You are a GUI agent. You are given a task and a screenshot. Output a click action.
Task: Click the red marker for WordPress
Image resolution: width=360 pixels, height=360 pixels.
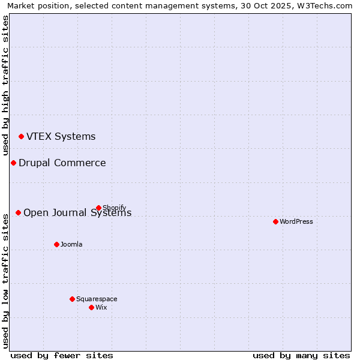tap(275, 221)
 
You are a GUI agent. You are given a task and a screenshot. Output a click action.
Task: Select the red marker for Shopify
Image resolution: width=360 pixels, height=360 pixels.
tap(98, 208)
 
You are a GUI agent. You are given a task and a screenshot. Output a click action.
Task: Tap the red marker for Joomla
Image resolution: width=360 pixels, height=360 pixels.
tap(56, 244)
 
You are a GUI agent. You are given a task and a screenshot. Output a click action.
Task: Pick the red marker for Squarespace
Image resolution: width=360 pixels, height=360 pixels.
tap(72, 299)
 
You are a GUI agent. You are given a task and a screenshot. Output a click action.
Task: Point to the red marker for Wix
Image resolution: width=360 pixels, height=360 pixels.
tap(91, 307)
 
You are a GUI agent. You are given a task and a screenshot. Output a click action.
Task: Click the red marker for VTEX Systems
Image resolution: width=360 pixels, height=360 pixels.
tap(21, 136)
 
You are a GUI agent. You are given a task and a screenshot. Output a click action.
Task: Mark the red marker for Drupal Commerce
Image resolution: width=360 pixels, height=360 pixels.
tap(13, 163)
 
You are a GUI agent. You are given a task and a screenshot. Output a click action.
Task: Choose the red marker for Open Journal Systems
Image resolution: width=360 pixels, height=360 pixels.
tap(18, 212)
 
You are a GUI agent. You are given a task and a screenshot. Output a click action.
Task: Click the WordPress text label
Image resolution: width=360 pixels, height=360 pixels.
tap(296, 221)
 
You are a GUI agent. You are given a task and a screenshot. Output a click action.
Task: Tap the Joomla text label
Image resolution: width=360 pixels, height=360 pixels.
tap(71, 244)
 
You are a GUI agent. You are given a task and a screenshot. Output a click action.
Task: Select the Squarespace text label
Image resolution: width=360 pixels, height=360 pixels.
tap(97, 299)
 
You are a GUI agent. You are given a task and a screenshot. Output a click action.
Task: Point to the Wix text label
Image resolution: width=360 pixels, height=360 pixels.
tap(101, 307)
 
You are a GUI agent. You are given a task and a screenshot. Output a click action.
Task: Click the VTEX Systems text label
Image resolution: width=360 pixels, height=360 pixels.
tap(61, 136)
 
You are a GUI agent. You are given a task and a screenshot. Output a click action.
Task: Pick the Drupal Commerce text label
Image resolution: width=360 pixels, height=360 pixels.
tap(62, 163)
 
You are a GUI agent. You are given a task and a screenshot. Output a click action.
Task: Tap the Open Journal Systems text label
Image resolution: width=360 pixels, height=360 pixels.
tap(77, 213)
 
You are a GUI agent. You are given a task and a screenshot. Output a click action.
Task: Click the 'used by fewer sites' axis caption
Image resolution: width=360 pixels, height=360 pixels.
tap(62, 355)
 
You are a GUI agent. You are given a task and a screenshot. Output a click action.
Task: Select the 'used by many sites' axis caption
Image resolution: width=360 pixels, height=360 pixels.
tap(301, 355)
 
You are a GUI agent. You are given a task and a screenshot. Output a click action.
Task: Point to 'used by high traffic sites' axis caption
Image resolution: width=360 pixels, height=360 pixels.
tap(5, 85)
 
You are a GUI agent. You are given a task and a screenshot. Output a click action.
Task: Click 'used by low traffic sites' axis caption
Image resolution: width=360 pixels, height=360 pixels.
tap(5, 280)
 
